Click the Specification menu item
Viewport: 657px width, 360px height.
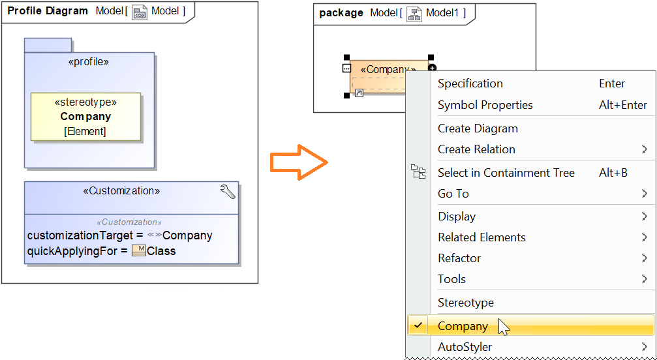[x=470, y=83]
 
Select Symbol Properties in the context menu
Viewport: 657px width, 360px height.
[x=485, y=105]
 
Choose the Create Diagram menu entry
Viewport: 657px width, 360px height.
[x=478, y=128]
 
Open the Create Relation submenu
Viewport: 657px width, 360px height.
[x=476, y=149]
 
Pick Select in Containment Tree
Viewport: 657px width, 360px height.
[x=506, y=173]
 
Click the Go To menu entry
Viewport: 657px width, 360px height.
[x=453, y=194]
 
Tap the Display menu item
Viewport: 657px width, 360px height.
[x=457, y=217]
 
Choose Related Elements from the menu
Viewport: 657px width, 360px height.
[x=481, y=237]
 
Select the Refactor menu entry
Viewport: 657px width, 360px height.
[x=459, y=258]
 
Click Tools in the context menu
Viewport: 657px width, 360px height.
[x=451, y=279]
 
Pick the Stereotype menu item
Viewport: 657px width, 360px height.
[x=465, y=303]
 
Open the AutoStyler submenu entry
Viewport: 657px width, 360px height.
[x=465, y=347]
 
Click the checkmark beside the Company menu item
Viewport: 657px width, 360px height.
[x=418, y=325]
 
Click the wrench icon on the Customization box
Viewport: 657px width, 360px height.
[x=228, y=192]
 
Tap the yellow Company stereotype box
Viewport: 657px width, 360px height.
[x=85, y=117]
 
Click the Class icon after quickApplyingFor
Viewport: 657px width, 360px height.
[x=138, y=250]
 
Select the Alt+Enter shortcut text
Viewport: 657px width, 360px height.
[x=623, y=105]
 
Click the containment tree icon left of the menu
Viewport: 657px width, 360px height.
[x=418, y=172]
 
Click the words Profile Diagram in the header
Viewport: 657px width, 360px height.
[x=48, y=11]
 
